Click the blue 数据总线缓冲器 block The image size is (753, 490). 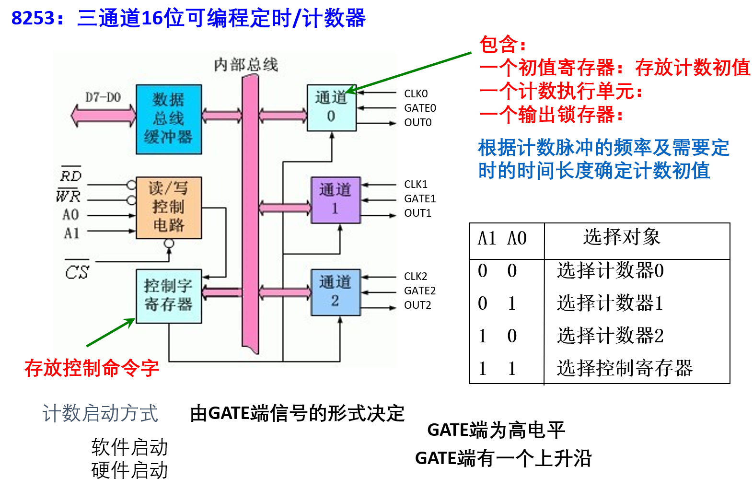169,119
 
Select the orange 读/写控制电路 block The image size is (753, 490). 169,207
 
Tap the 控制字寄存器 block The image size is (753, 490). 169,295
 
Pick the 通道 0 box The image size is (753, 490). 331,107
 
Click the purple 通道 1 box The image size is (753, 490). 336,199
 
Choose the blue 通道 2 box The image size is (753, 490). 336,292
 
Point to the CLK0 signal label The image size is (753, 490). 416,93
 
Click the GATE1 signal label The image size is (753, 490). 420,198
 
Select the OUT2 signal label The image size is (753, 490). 417,305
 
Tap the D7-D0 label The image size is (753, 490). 103,97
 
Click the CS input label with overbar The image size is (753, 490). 77,271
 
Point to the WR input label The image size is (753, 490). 69,195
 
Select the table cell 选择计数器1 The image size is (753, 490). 610,303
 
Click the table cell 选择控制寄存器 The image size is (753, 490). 625,368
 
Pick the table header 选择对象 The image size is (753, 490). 621,237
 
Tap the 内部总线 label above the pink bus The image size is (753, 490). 246,65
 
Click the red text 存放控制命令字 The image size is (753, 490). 92,368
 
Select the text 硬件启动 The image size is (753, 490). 129,470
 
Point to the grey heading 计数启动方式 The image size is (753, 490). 100,413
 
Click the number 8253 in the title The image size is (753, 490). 33,18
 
